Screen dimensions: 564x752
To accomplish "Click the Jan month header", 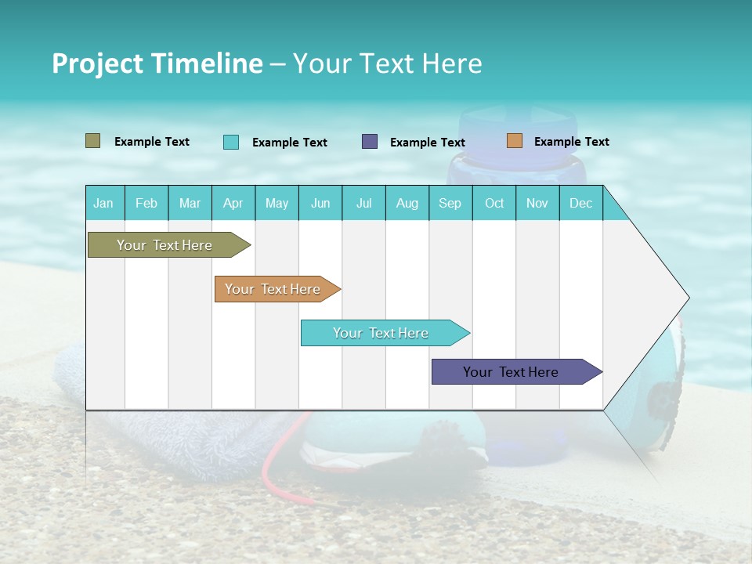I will tap(103, 203).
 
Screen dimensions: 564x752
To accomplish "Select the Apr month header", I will tap(233, 203).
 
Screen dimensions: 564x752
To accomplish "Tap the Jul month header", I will tap(363, 203).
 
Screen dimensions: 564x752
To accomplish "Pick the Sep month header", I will tap(450, 203).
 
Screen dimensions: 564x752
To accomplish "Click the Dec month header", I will tap(580, 203).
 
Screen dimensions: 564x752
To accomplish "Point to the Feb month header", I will tap(146, 203).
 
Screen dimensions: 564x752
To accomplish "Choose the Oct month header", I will tap(494, 203).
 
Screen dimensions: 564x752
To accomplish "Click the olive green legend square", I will tap(93, 141).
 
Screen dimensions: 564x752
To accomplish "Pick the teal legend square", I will tap(231, 142).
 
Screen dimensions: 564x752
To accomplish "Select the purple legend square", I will tap(370, 142).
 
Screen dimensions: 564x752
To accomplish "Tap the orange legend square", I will tap(514, 141).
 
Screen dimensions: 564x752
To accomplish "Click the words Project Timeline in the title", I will tap(157, 63).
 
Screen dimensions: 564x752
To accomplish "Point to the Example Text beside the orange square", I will tap(571, 142).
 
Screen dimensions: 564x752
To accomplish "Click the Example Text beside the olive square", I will tap(152, 142).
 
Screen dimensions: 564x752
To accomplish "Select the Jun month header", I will tap(320, 203).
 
